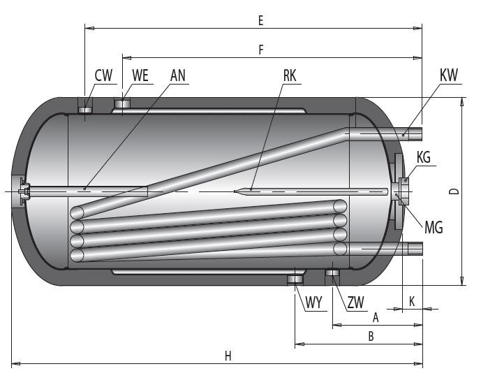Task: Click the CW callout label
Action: (103, 75)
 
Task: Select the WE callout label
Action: (140, 75)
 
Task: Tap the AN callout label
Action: (178, 75)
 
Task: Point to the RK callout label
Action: (290, 75)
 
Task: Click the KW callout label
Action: (450, 75)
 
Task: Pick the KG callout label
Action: (424, 157)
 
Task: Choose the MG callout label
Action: (433, 226)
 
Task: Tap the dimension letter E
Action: (260, 21)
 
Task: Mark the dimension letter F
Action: (261, 50)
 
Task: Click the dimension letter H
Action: (228, 356)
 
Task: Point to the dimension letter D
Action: (453, 191)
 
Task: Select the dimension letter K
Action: (412, 302)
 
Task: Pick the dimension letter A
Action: (376, 317)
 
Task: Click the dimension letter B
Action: (371, 337)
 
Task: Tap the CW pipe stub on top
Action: (84, 108)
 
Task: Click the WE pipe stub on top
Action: (122, 104)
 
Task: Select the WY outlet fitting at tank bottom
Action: (295, 280)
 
